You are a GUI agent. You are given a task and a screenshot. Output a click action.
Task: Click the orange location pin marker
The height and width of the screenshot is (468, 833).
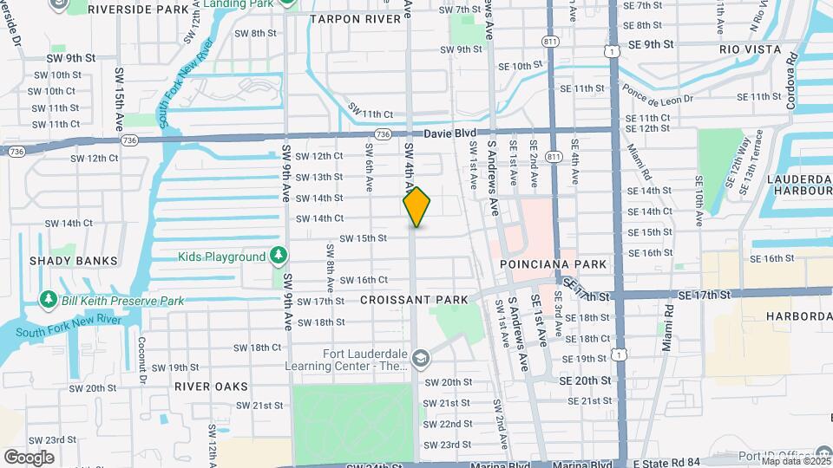(x=416, y=207)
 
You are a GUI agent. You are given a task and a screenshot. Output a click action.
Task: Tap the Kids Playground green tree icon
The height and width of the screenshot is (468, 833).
(x=278, y=257)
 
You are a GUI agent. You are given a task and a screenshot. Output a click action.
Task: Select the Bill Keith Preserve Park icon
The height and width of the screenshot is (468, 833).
(x=49, y=300)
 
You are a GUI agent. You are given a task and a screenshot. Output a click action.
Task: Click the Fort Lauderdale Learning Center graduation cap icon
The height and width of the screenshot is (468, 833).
(x=420, y=358)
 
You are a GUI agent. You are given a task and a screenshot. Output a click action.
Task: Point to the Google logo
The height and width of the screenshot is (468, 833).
(x=29, y=457)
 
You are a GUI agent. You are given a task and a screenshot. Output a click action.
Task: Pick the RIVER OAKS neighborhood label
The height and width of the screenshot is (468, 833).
(x=211, y=386)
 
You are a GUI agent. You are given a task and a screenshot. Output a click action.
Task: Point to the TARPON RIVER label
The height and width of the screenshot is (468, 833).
(x=349, y=18)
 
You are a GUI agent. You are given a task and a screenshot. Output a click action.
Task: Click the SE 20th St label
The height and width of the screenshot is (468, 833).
(x=585, y=380)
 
